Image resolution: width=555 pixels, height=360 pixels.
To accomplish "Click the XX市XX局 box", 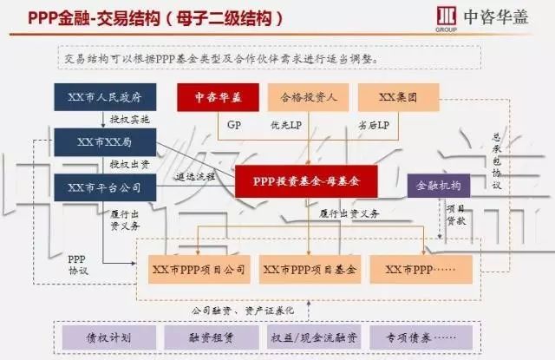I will coord(104,141).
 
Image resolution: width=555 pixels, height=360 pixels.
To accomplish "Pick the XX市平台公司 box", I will coord(104,186).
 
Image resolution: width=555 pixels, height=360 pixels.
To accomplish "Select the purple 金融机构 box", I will coord(439,186).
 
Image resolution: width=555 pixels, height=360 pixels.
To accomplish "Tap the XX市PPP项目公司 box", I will coord(199,270).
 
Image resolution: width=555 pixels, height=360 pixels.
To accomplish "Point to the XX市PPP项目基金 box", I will coord(309,270).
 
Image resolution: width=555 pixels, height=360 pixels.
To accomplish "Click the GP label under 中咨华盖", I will coord(233,125).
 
